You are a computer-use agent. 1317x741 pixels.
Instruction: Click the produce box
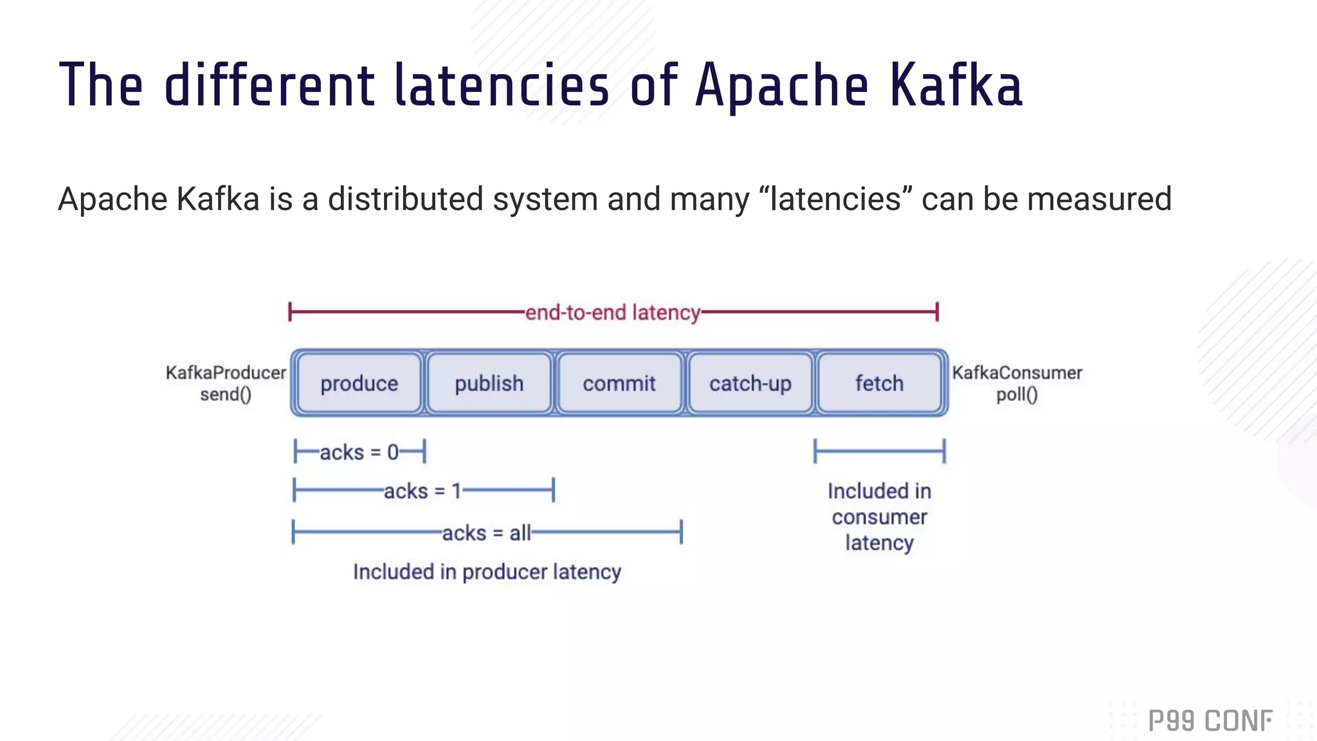(359, 383)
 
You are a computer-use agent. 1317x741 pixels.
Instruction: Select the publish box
(489, 383)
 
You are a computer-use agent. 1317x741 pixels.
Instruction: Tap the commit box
(619, 383)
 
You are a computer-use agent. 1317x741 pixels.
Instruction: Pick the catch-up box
(750, 383)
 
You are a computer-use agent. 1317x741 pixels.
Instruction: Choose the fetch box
(879, 383)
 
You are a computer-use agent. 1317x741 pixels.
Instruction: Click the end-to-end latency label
(612, 313)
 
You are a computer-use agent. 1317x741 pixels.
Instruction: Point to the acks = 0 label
(359, 452)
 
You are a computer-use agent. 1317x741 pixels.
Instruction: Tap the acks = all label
(486, 533)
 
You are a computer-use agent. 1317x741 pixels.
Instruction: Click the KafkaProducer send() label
(226, 383)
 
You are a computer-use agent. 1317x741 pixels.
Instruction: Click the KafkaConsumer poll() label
(1017, 383)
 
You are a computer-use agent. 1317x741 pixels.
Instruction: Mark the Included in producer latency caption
(487, 572)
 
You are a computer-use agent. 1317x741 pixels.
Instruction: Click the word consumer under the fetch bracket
(879, 517)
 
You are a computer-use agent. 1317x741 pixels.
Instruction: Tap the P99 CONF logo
(1210, 720)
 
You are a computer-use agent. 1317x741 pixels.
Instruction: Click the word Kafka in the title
(956, 86)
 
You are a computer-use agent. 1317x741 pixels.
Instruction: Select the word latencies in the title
(501, 86)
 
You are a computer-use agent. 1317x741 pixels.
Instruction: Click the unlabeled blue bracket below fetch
(879, 451)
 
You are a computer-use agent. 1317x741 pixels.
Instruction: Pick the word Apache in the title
(781, 86)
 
